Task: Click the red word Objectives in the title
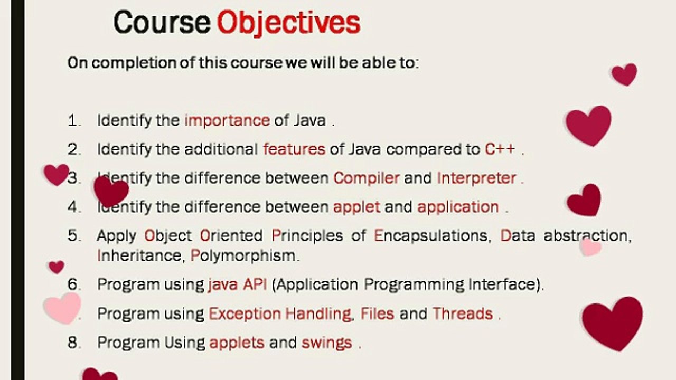[x=288, y=22]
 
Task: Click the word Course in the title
[x=162, y=22]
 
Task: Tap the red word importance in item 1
[x=227, y=120]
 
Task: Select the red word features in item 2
[x=294, y=149]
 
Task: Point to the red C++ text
[x=500, y=149]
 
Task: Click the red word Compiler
[x=366, y=178]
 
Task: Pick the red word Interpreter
[x=476, y=178]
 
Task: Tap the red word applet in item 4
[x=356, y=207]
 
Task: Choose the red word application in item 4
[x=458, y=207]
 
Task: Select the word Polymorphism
[x=244, y=256]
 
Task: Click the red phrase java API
[x=237, y=285]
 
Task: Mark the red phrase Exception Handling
[x=280, y=314]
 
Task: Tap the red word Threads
[x=463, y=314]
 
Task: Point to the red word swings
[x=326, y=343]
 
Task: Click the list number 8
[x=73, y=343]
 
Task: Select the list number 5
[x=73, y=235]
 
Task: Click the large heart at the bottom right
[x=612, y=321]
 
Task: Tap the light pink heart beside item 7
[x=62, y=307]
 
